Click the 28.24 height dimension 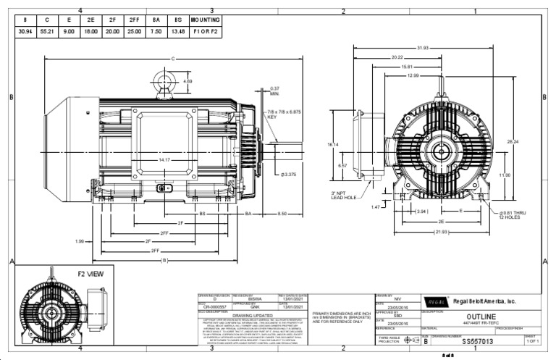[x=533, y=141]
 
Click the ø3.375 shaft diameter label [x=287, y=175]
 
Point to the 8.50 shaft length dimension [x=283, y=214]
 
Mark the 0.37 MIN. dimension [x=275, y=91]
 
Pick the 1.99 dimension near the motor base [x=80, y=240]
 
